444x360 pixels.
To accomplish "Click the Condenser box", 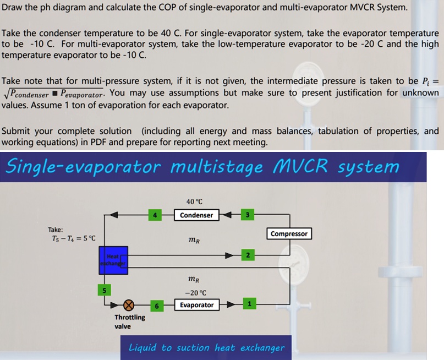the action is click(196, 215).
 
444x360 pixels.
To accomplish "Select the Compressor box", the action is click(289, 234).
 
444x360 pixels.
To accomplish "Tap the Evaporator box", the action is click(197, 305).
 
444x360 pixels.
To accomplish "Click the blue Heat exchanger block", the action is click(113, 260).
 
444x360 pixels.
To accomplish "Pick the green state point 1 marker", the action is click(249, 304).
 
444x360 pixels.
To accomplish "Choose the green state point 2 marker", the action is click(248, 255).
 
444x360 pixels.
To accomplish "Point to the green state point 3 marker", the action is click(248, 215).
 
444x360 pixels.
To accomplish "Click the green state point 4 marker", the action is click(155, 215).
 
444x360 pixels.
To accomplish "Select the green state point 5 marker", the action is click(104, 290).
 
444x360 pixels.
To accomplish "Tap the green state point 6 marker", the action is click(157, 306).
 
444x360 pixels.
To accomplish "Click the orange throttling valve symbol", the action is click(129, 305).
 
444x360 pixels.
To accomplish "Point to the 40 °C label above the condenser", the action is click(194, 201).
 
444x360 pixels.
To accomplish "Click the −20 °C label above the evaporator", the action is click(195, 293).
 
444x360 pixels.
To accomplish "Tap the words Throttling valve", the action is click(130, 321).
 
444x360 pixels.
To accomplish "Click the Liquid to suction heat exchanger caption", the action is click(206, 347).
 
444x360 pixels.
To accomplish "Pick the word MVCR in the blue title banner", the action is click(300, 166).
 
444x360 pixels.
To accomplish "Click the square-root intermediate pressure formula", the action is click(53, 94).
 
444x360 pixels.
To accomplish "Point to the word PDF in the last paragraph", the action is click(98, 142).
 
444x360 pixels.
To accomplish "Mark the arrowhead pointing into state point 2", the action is click(229, 255).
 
